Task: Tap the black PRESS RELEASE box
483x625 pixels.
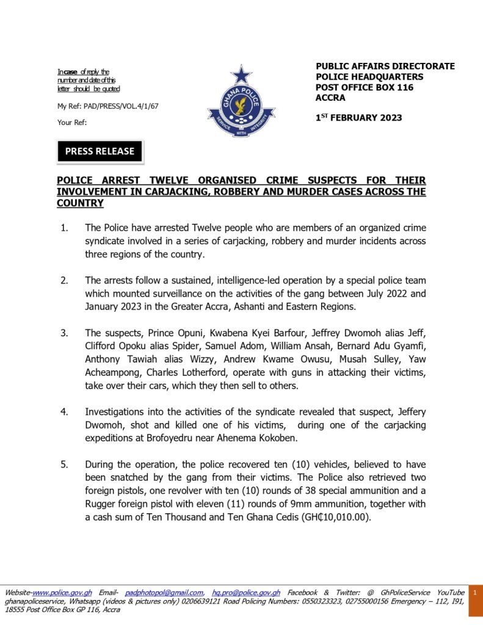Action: [x=100, y=151]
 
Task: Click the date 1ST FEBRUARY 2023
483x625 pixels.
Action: [x=358, y=118]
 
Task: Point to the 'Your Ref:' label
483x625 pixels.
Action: [x=72, y=122]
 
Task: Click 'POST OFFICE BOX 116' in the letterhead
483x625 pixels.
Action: [x=365, y=87]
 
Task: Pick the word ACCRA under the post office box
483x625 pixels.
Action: [x=330, y=98]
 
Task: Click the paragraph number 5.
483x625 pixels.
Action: [x=64, y=464]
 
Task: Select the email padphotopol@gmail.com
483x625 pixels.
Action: [x=164, y=593]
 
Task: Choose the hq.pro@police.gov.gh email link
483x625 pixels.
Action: [x=246, y=593]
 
